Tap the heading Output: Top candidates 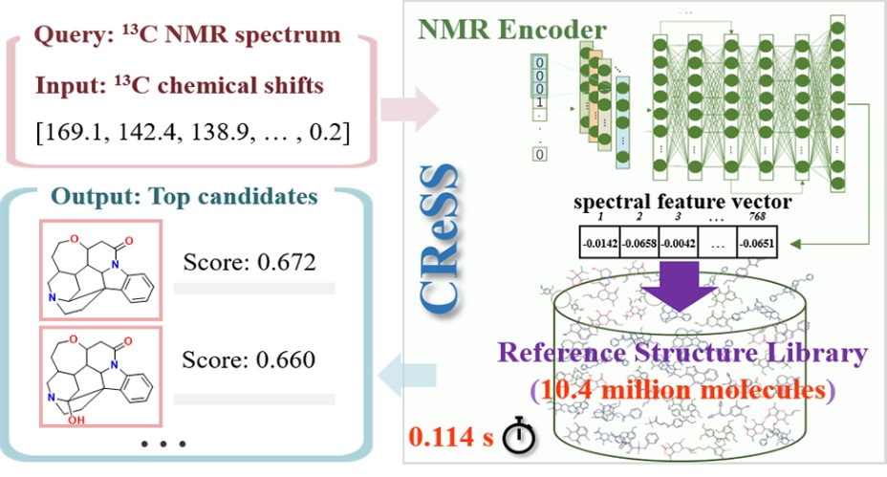(x=184, y=197)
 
